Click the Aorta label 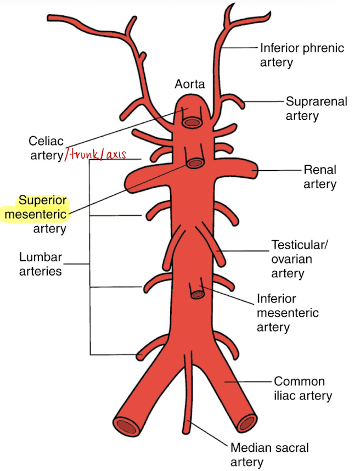(x=189, y=85)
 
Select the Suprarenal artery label (x=316, y=108)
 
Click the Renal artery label (x=320, y=177)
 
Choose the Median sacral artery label (x=262, y=455)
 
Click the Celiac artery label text (x=46, y=148)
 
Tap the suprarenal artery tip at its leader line (x=241, y=102)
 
